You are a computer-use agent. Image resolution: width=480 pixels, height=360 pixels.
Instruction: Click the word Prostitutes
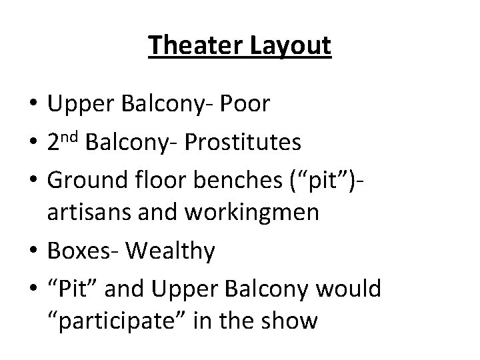pos(243,143)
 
